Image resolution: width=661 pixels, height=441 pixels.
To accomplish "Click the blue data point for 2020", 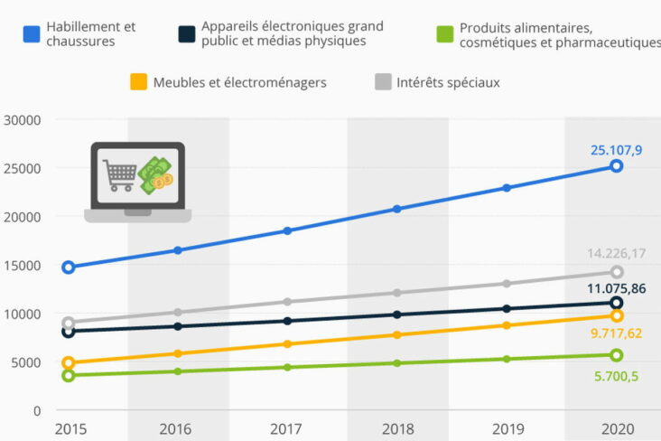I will click(616, 166).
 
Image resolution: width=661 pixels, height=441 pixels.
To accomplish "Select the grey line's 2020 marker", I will click(617, 272).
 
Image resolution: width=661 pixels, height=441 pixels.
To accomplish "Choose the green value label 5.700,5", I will click(616, 376).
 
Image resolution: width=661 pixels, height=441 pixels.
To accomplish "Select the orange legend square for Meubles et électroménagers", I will click(138, 82).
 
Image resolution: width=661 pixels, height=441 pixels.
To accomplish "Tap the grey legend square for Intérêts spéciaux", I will click(382, 82).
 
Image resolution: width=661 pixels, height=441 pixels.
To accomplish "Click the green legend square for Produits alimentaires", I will click(443, 34).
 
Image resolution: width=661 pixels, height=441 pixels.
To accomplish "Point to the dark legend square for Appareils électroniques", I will click(187, 34).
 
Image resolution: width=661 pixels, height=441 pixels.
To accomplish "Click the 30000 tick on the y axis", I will click(23, 120).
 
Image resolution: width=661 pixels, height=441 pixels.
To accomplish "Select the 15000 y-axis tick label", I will click(23, 266).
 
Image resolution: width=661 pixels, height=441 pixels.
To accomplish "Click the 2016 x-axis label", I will click(177, 428).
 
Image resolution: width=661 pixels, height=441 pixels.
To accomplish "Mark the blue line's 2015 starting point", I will click(68, 267).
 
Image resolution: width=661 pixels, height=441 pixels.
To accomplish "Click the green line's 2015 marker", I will click(68, 375).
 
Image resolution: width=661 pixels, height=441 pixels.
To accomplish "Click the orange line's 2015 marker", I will click(68, 363).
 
